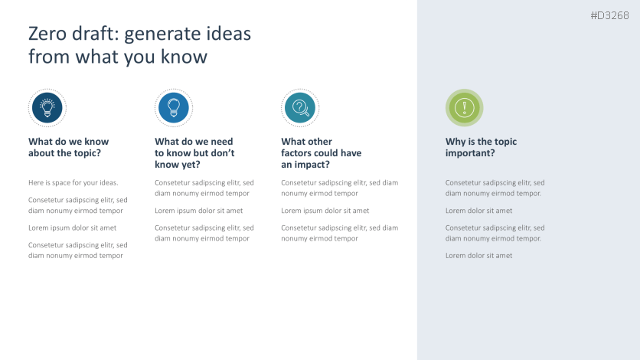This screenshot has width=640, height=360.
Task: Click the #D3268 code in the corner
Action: point(609,16)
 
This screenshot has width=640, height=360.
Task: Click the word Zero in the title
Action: point(47,34)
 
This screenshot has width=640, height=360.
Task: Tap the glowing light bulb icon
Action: point(47,107)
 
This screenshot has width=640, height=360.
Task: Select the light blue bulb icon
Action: point(173,107)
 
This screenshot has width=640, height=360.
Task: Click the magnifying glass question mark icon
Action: point(300,107)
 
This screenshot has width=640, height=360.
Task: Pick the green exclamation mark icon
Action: point(464,107)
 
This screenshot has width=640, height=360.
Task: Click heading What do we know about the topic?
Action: point(68,147)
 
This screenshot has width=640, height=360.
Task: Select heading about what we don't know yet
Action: point(194,152)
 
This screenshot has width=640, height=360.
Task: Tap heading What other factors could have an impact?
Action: point(321,152)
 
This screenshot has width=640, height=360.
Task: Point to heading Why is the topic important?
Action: point(481,147)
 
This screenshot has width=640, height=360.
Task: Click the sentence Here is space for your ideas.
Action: point(73,183)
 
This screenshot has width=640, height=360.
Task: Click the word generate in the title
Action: point(154,34)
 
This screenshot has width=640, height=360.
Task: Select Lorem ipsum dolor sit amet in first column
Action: point(72,227)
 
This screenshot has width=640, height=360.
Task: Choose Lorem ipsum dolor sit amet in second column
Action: point(198,211)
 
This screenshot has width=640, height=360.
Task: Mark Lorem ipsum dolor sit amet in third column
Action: point(325,211)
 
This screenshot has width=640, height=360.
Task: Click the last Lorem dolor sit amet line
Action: point(478,256)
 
